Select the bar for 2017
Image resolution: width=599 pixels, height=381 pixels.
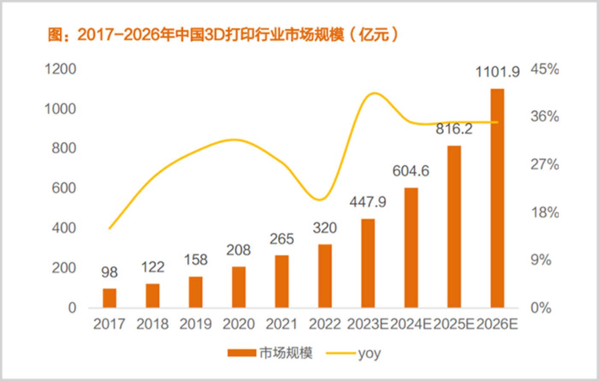click(x=110, y=298)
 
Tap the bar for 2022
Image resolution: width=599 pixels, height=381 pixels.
click(x=325, y=276)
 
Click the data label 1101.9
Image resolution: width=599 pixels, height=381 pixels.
click(x=498, y=72)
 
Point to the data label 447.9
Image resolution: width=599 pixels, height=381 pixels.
click(x=368, y=201)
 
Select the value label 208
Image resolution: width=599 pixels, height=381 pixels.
click(x=238, y=250)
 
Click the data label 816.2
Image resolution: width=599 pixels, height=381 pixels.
click(x=454, y=128)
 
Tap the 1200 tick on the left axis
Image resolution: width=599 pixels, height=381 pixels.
click(x=60, y=69)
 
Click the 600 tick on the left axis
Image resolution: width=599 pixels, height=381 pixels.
click(x=64, y=188)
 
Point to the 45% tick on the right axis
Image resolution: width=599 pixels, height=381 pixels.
click(x=545, y=69)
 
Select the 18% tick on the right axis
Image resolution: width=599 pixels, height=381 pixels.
click(x=545, y=212)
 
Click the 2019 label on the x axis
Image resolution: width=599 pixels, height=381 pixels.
click(x=196, y=324)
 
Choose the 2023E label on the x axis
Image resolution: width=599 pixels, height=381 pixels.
click(x=368, y=324)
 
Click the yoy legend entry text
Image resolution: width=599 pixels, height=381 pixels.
click(x=369, y=353)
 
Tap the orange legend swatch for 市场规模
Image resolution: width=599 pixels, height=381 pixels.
click(x=242, y=353)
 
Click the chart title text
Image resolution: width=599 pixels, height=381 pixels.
click(x=222, y=35)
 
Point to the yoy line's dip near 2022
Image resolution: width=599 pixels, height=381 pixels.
click(x=320, y=199)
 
